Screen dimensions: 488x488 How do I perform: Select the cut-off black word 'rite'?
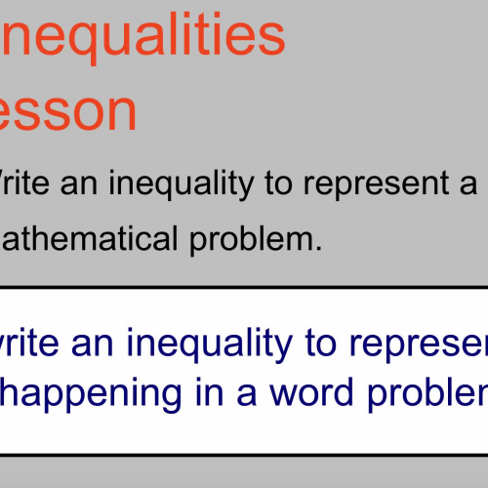tap(26, 184)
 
